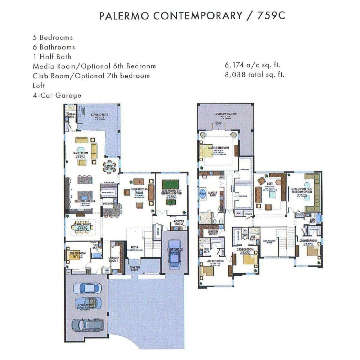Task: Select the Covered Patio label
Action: (x=100, y=115)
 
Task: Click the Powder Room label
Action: (x=179, y=222)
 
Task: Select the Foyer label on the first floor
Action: (x=134, y=247)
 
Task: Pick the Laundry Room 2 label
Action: (x=213, y=233)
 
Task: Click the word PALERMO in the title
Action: (x=124, y=16)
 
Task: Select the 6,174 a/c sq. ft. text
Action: (x=253, y=65)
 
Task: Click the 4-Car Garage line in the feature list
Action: (x=57, y=95)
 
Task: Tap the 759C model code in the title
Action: (x=271, y=16)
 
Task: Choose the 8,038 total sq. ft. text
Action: (x=255, y=75)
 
